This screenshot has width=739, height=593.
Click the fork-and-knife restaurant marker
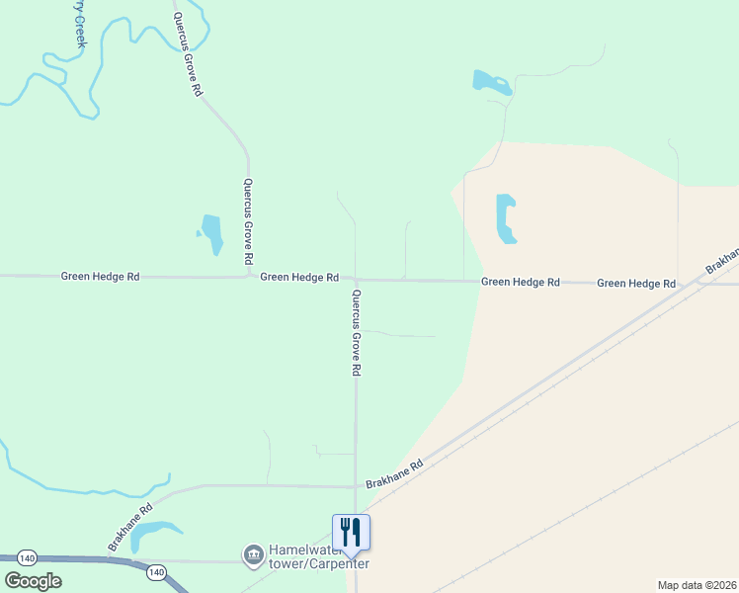(351, 532)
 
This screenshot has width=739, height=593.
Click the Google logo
(33, 581)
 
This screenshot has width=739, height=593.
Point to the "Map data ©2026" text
(697, 585)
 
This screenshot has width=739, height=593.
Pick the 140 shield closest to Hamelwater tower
(155, 571)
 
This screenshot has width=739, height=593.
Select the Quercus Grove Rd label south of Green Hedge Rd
(357, 332)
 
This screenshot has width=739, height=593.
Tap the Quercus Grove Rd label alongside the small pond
(249, 219)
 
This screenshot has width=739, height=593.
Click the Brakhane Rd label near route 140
(130, 528)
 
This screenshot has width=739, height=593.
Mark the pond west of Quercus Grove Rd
(211, 234)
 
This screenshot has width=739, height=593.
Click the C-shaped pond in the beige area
(505, 218)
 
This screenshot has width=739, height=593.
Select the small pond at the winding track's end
(491, 82)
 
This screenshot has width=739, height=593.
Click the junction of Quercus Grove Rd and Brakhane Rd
(356, 486)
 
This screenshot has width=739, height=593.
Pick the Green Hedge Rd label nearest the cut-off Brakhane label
(636, 283)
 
